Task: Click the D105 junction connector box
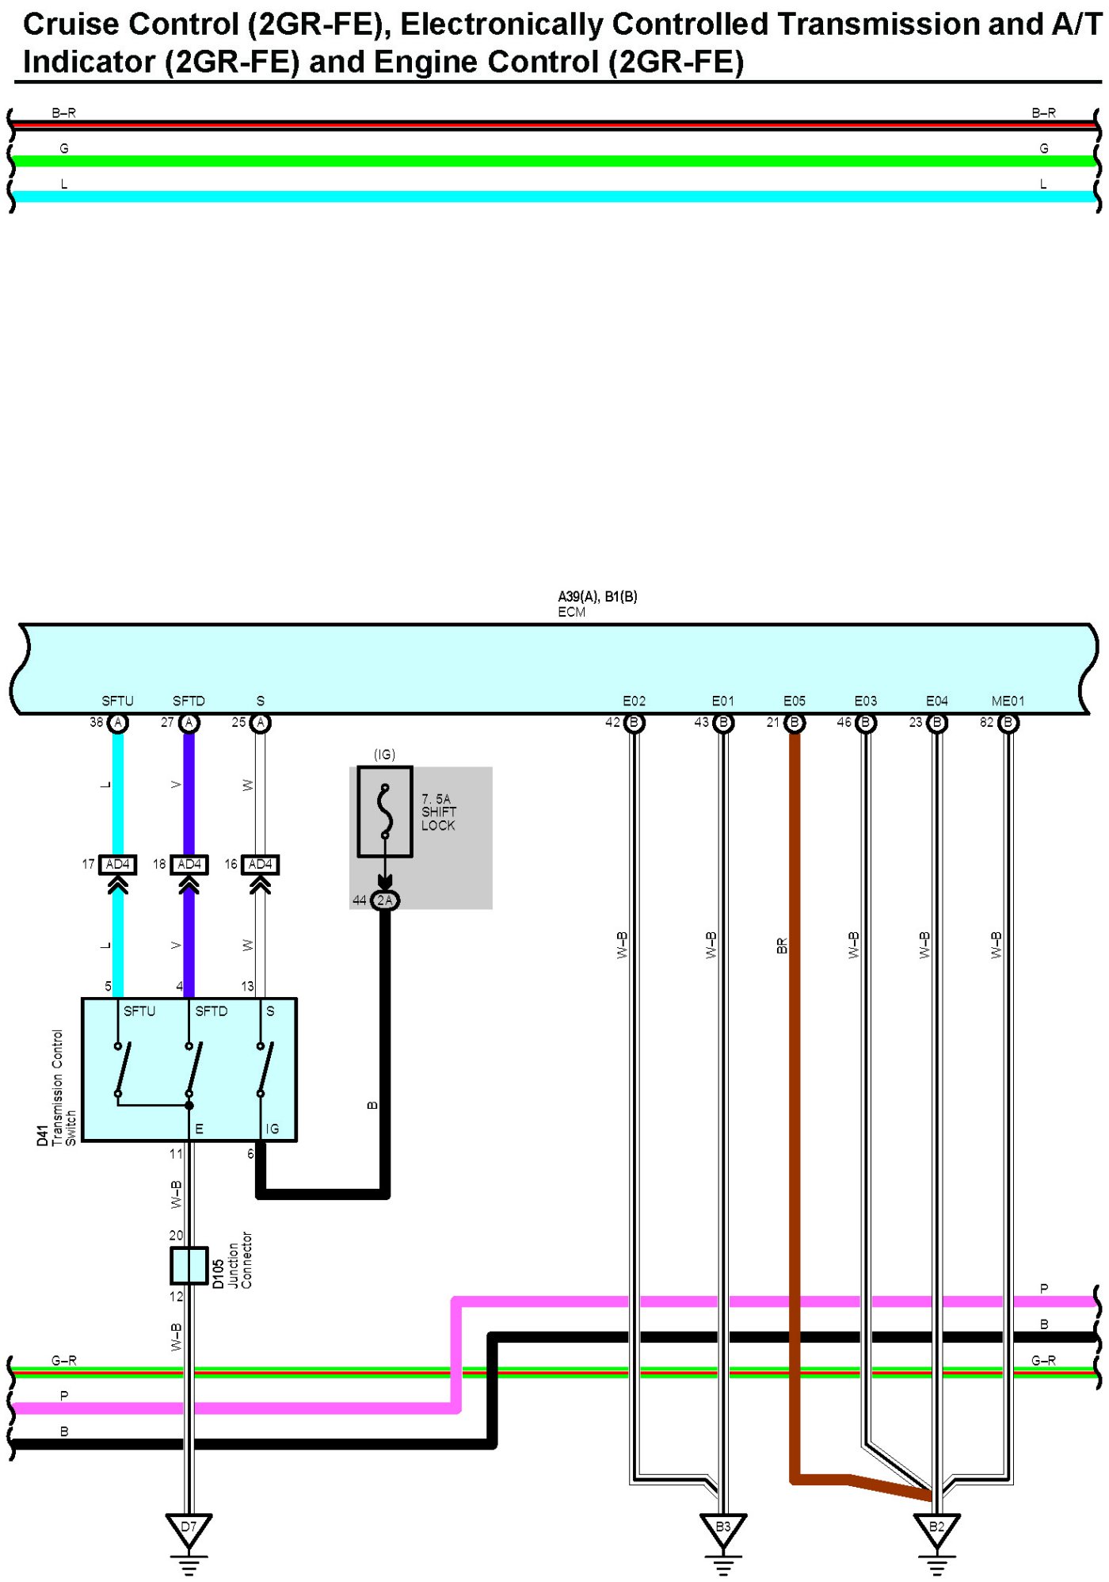pos(189,1266)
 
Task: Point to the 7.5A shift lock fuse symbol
pos(385,812)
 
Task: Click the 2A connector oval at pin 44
pos(385,900)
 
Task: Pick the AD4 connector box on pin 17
pos(117,865)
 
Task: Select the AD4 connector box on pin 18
pos(189,865)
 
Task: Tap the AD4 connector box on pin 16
pos(260,865)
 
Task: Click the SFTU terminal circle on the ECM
pos(118,723)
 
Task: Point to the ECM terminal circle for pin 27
pos(189,723)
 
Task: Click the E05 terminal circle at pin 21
pos(795,723)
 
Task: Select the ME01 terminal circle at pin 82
pos(1008,723)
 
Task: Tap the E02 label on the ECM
pos(634,701)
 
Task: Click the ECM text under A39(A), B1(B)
pos(571,613)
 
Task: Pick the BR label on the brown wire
pos(782,946)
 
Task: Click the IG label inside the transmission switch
pos(272,1129)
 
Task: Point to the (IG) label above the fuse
pos(384,755)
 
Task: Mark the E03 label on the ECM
pos(865,701)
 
